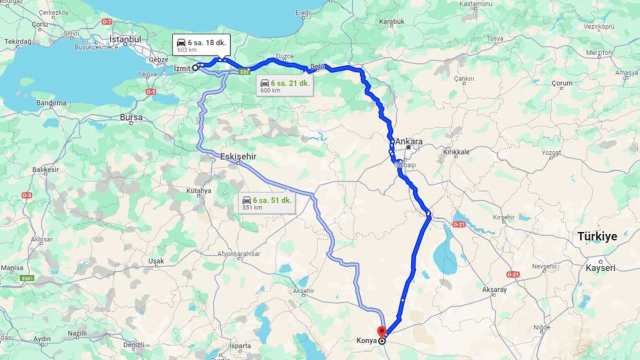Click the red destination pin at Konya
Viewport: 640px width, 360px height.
click(x=381, y=331)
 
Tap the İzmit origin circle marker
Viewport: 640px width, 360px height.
click(x=194, y=68)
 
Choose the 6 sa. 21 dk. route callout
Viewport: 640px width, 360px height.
click(x=284, y=86)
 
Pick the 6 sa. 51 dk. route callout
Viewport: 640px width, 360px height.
click(x=266, y=203)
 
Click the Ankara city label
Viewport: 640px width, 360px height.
click(x=409, y=141)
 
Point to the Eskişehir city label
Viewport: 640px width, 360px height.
click(x=238, y=156)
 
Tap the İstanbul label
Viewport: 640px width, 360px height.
click(x=125, y=39)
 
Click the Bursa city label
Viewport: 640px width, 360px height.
click(x=131, y=117)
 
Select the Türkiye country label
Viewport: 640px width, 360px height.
click(x=597, y=236)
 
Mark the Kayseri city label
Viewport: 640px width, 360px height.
click(x=600, y=268)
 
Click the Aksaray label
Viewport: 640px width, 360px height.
click(x=494, y=289)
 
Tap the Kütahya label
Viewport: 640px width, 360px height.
click(x=198, y=190)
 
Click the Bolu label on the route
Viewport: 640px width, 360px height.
click(x=317, y=66)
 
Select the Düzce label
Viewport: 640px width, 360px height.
click(x=284, y=56)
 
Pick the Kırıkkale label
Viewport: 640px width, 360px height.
click(x=456, y=152)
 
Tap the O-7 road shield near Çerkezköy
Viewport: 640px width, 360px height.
click(x=107, y=21)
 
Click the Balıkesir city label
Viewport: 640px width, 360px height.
click(x=45, y=170)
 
